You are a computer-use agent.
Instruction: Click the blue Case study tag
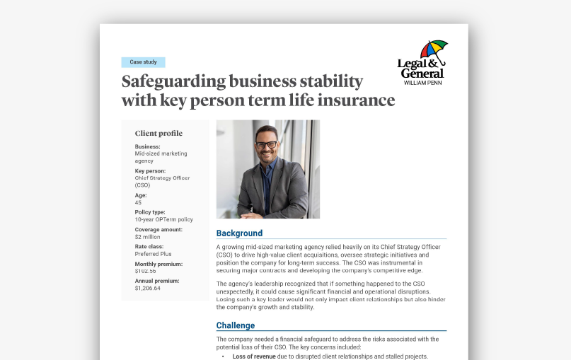point(143,62)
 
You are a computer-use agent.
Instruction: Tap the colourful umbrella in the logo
point(432,50)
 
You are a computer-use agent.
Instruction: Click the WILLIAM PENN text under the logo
point(423,83)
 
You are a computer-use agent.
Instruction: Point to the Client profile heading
point(158,133)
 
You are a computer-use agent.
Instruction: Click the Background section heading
point(239,233)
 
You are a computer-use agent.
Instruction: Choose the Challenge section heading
point(236,325)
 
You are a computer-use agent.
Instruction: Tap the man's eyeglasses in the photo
point(266,144)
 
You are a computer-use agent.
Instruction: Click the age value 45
point(138,202)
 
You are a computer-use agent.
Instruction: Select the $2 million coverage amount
point(148,236)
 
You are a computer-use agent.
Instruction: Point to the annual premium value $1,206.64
point(147,288)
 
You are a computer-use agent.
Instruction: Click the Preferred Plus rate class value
point(153,253)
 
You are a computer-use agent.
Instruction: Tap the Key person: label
point(151,170)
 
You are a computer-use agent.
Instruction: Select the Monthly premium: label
point(158,264)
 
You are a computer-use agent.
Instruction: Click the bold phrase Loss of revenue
point(256,356)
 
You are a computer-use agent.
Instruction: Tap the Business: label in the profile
point(147,146)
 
